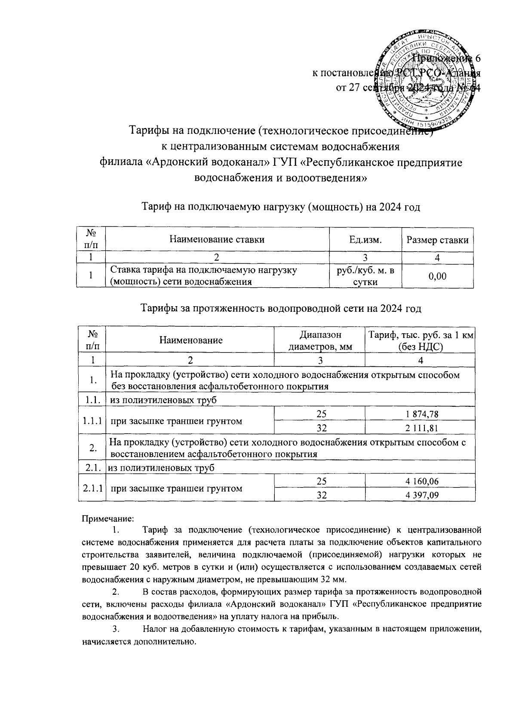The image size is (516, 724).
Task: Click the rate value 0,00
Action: tap(437, 276)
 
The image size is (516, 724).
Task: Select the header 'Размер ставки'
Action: tap(437, 240)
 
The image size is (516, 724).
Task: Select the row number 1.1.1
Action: tap(92, 421)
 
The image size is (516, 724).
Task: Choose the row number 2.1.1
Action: tap(92, 488)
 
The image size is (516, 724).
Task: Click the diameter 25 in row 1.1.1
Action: tap(319, 414)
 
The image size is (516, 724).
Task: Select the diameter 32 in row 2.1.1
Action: tap(319, 495)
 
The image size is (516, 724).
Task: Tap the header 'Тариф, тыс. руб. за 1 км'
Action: tap(420, 335)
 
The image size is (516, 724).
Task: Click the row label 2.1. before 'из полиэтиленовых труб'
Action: tap(92, 468)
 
